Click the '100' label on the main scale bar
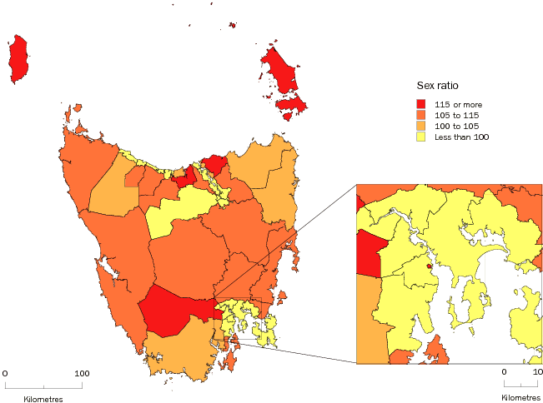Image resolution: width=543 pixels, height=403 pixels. [x=82, y=373]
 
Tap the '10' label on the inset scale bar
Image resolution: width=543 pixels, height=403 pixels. [x=537, y=373]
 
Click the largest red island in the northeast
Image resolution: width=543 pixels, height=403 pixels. [x=281, y=72]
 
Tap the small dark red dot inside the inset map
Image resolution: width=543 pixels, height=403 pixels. [x=429, y=266]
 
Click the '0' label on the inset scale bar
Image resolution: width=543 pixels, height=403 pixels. [x=504, y=373]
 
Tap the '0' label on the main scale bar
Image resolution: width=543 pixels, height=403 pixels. [x=5, y=373]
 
